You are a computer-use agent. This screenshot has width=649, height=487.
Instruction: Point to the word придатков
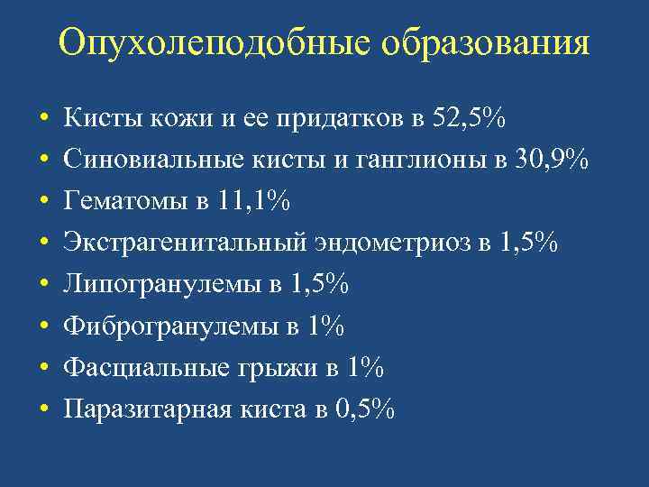pos(333,118)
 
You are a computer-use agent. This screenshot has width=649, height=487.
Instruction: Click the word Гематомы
pos(118,201)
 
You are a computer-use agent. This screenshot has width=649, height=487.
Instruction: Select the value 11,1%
pos(251,201)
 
